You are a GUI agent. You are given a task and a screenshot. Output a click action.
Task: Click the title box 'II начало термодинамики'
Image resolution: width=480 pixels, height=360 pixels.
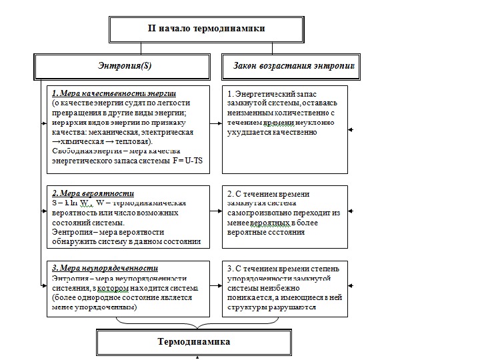point(206,29)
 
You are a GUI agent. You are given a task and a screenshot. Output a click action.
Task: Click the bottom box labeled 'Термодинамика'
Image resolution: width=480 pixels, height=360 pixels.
point(193,342)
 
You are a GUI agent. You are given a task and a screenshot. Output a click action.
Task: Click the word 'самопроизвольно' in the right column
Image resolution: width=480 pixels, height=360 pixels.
point(269,213)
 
